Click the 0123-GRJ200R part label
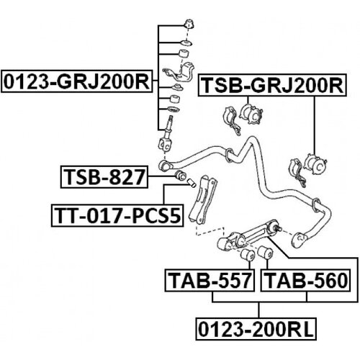pos(76,81)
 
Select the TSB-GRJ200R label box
pos(272,85)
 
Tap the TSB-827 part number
pos(104,176)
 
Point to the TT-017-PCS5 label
pos(117,215)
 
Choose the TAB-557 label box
pos(210,280)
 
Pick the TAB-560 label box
pos(305,280)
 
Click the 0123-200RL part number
pos(256,329)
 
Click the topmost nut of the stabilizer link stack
pos(189,24)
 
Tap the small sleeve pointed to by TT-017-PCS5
pos(192,183)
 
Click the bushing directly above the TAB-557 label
pos(248,255)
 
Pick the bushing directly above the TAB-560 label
pos(265,253)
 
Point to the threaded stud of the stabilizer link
pos(170,122)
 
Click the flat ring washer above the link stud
pos(173,109)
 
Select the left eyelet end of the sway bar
pos(164,165)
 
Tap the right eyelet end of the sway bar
pos(299,240)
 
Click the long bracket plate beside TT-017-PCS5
pos(202,200)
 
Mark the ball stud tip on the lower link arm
pos(279,229)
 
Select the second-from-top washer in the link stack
pos(186,43)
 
